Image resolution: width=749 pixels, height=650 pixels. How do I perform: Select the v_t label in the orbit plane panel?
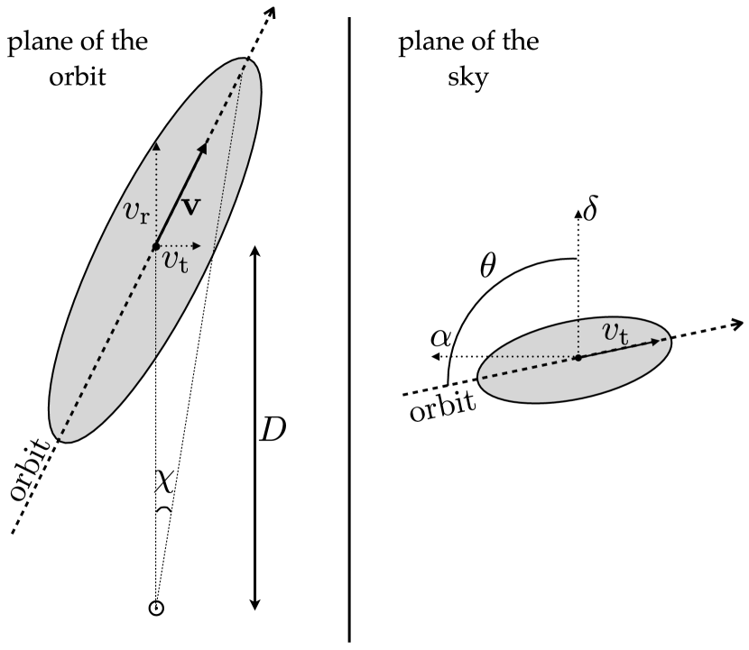point(177,260)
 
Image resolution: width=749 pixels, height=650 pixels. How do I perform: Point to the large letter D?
point(273,430)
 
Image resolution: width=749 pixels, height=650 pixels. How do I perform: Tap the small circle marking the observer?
point(156,608)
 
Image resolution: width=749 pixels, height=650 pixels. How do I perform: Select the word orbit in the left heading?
point(77,77)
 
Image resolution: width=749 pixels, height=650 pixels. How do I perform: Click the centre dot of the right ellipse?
point(578,358)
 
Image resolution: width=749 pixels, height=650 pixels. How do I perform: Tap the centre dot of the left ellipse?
point(156,246)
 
